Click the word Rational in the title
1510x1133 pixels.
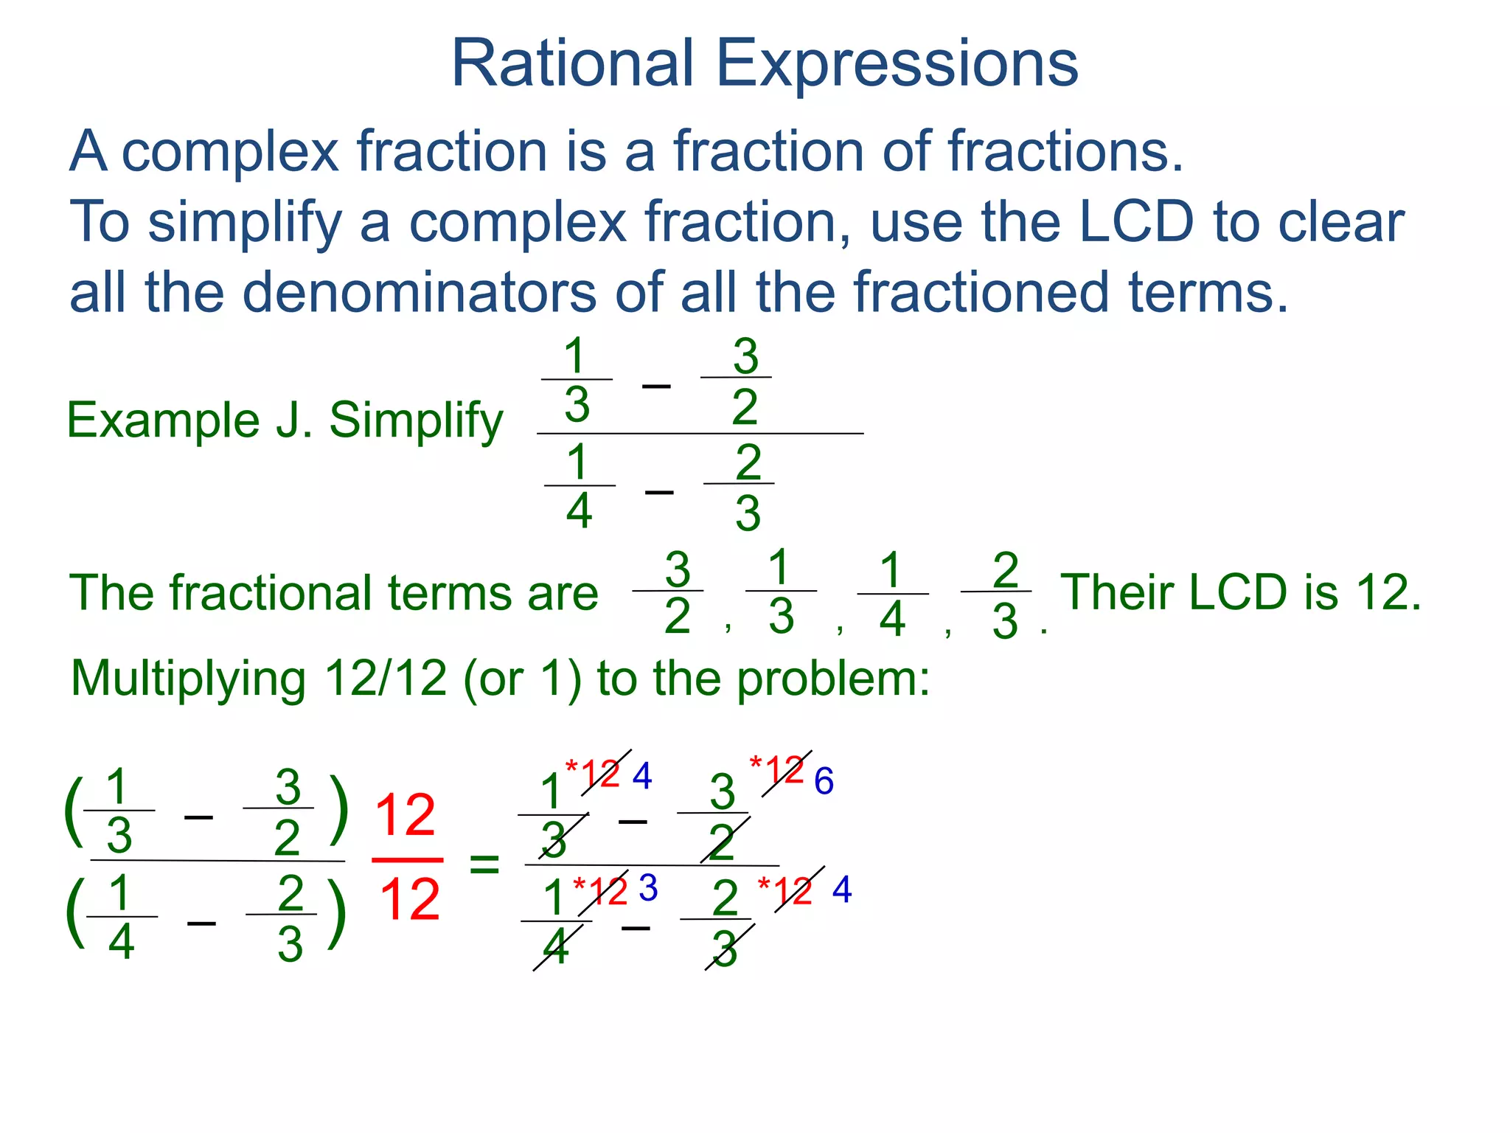572,63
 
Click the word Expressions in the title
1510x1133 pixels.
897,65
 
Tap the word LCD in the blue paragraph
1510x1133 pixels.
1135,221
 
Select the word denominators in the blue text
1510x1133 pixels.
419,292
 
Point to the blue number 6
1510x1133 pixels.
824,781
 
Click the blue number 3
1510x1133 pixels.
648,888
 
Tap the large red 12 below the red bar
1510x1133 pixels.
409,900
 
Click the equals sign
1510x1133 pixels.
484,863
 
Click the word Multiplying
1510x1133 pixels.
188,679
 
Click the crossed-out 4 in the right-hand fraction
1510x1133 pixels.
557,947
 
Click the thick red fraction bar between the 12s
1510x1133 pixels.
407,860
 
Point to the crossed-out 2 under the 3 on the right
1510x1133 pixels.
723,842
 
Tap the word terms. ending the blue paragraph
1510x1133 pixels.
1208,292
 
